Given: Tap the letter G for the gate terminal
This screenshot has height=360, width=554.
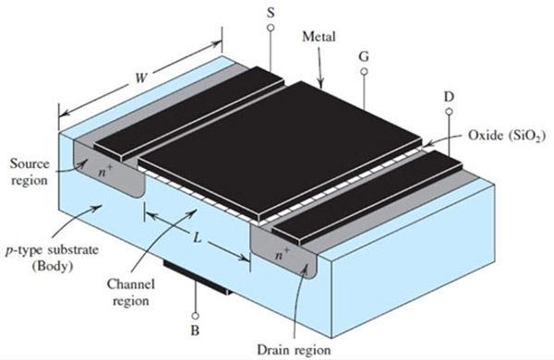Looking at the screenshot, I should [x=365, y=56].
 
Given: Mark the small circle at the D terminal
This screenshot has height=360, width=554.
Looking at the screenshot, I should [x=450, y=113].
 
